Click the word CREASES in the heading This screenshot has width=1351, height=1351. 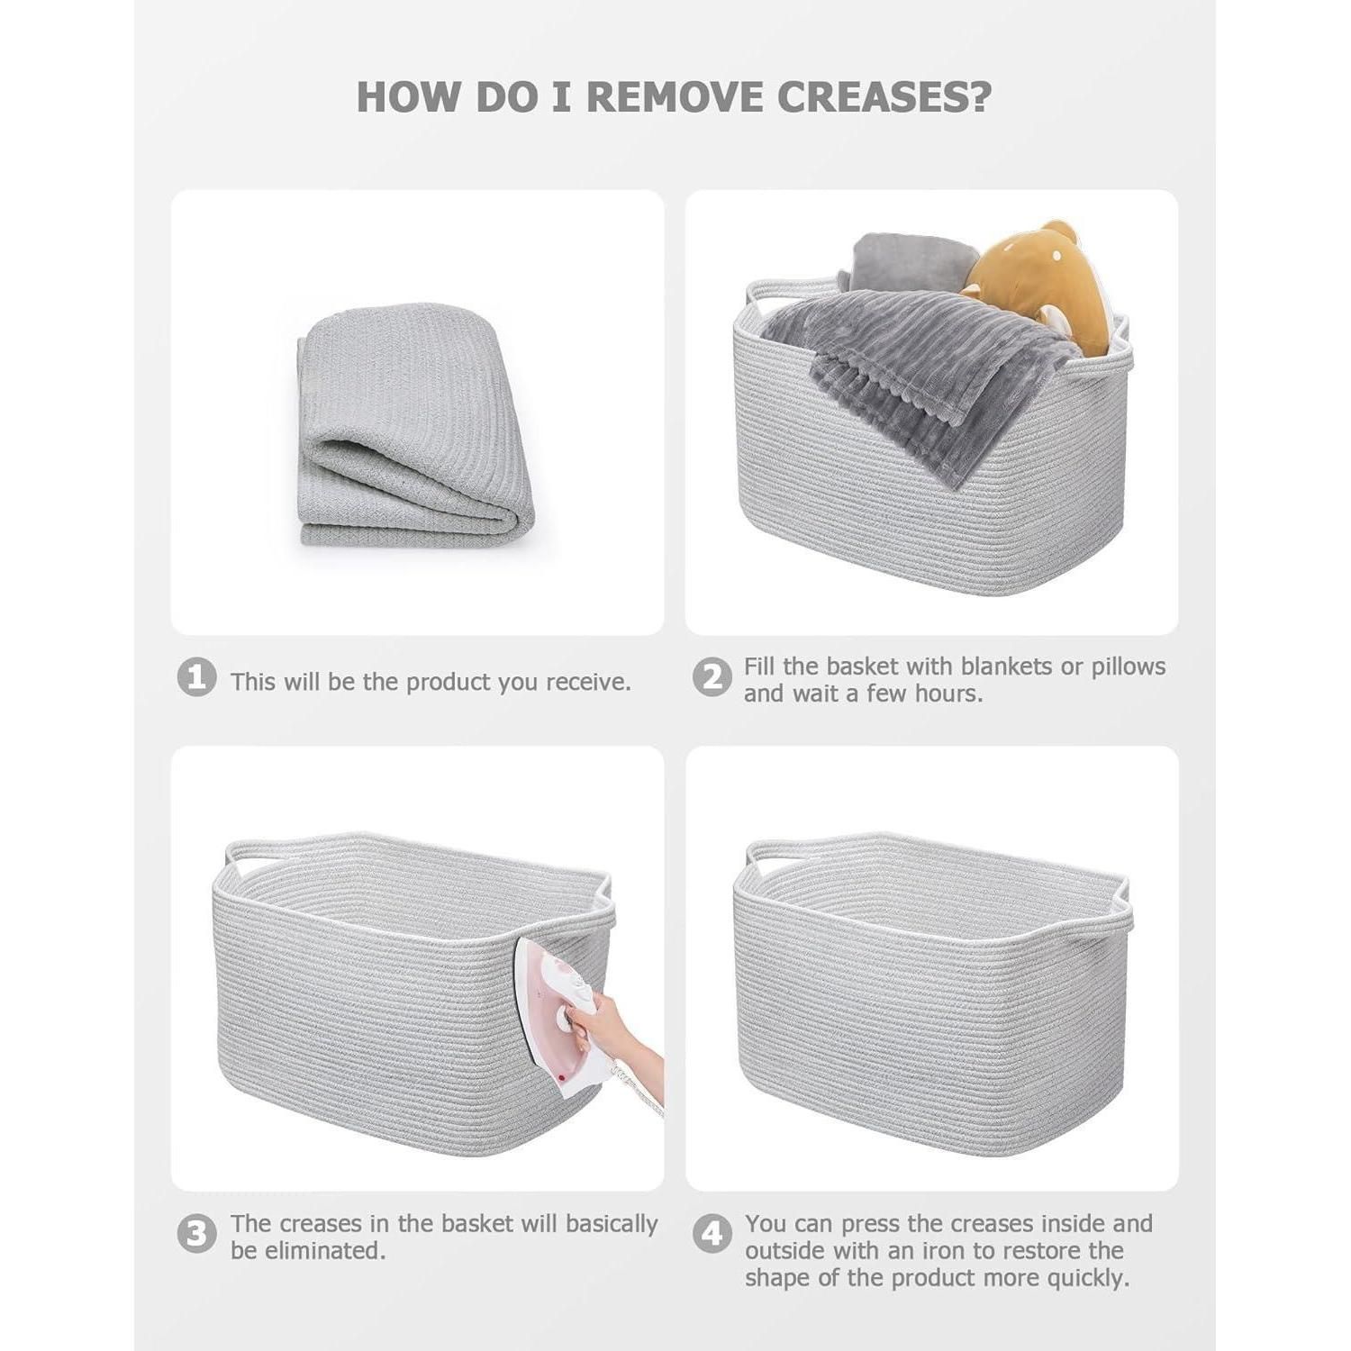click(x=884, y=97)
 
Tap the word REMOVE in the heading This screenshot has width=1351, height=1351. click(x=675, y=97)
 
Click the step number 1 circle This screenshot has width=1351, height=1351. click(x=196, y=677)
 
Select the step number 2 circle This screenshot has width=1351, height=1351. click(x=712, y=677)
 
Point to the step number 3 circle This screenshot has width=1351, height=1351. click(x=196, y=1234)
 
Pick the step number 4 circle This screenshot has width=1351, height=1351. click(x=712, y=1234)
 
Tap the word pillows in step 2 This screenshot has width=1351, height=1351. click(x=1129, y=666)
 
